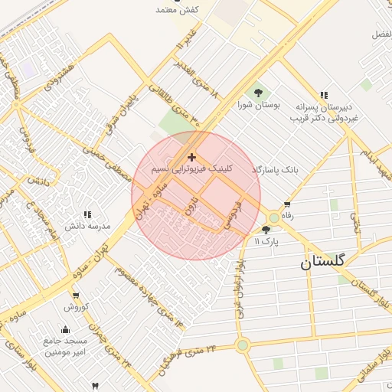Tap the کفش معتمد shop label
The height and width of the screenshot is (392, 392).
point(178,9)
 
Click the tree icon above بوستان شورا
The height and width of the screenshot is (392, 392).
point(256,93)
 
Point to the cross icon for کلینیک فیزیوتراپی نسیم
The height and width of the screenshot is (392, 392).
point(191,157)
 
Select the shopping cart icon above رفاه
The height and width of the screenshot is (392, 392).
point(287,205)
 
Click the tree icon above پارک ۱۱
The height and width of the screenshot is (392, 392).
point(266,230)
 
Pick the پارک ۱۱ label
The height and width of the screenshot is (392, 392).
point(266,240)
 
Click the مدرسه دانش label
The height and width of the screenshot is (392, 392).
point(87,226)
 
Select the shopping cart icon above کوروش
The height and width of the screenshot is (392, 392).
point(76,296)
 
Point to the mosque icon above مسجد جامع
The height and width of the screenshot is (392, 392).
point(64,330)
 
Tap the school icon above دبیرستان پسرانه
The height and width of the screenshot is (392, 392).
point(324,96)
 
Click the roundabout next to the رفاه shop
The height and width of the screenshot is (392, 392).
point(274,217)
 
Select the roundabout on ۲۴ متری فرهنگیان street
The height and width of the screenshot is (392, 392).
point(243,345)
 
